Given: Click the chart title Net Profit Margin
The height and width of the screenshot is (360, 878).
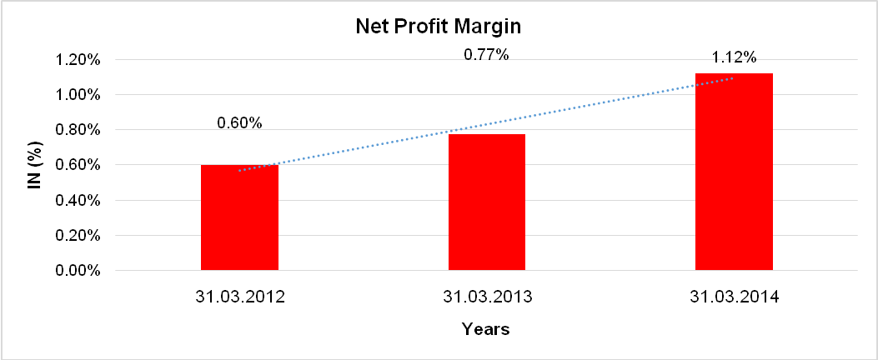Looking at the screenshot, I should pyautogui.click(x=438, y=27).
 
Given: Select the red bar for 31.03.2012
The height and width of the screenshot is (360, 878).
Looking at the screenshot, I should pyautogui.click(x=239, y=217).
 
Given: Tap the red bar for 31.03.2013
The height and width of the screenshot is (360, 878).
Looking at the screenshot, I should pyautogui.click(x=486, y=202).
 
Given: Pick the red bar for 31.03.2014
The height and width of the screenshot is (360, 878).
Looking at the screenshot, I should pyautogui.click(x=733, y=172).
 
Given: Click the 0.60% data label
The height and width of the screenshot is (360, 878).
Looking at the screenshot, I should pyautogui.click(x=239, y=123).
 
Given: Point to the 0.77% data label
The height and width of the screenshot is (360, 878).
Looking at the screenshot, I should pyautogui.click(x=486, y=55).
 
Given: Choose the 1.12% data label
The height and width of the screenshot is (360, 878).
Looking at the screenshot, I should pyautogui.click(x=734, y=57).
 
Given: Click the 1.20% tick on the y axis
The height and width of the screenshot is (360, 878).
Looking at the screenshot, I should pyautogui.click(x=78, y=60).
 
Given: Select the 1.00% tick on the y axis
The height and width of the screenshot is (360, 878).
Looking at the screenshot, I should pyautogui.click(x=78, y=95).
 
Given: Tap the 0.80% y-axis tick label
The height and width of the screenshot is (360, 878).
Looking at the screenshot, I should pyautogui.click(x=78, y=130).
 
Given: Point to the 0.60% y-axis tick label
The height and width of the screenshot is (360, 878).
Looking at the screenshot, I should pyautogui.click(x=78, y=165).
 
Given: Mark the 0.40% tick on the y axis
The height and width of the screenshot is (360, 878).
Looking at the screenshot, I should pyautogui.click(x=78, y=201).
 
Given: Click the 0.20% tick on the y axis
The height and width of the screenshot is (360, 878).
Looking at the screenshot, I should pyautogui.click(x=78, y=236).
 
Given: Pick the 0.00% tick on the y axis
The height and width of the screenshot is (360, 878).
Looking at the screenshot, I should pyautogui.click(x=78, y=271).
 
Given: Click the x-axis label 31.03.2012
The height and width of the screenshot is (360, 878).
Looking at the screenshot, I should pyautogui.click(x=239, y=297).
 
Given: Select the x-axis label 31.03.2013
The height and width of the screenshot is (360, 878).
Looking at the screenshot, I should pyautogui.click(x=486, y=297).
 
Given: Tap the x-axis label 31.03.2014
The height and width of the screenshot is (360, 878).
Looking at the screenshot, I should pyautogui.click(x=733, y=297).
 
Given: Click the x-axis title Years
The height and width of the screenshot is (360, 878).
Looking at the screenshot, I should pyautogui.click(x=486, y=329).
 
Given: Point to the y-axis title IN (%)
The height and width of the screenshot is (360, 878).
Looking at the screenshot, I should pyautogui.click(x=35, y=165).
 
